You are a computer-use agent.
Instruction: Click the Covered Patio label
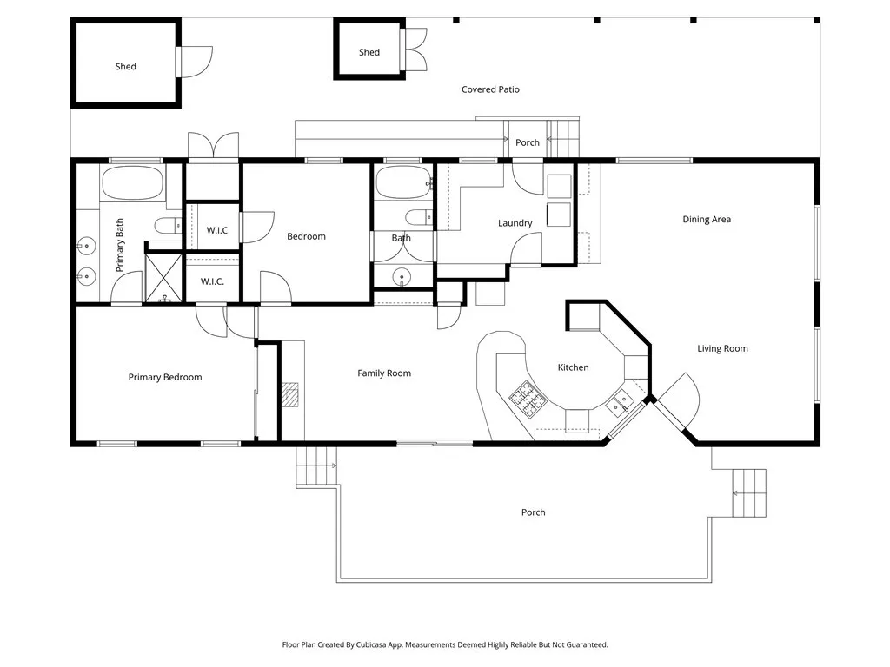[x=490, y=89]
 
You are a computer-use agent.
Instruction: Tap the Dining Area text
[x=706, y=220]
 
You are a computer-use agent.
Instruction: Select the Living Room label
[x=722, y=349]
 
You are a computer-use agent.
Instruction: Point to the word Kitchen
[x=573, y=367]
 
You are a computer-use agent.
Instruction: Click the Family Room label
[x=384, y=373]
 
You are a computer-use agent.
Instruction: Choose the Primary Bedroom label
[x=164, y=377]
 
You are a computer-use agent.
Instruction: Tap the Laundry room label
[x=515, y=223]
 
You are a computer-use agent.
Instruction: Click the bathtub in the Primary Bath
[x=132, y=184]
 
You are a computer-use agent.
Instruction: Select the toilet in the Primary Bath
[x=167, y=227]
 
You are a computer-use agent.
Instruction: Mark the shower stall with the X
[x=163, y=278]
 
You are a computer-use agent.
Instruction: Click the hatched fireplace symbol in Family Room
[x=289, y=395]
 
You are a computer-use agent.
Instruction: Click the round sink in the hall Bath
[x=402, y=277]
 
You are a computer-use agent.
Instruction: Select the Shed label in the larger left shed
[x=125, y=67]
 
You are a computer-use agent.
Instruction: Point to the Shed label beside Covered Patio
[x=369, y=52]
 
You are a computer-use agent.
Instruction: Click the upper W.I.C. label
[x=217, y=230]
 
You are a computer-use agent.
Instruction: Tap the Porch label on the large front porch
[x=533, y=512]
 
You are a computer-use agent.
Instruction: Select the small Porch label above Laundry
[x=527, y=142]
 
